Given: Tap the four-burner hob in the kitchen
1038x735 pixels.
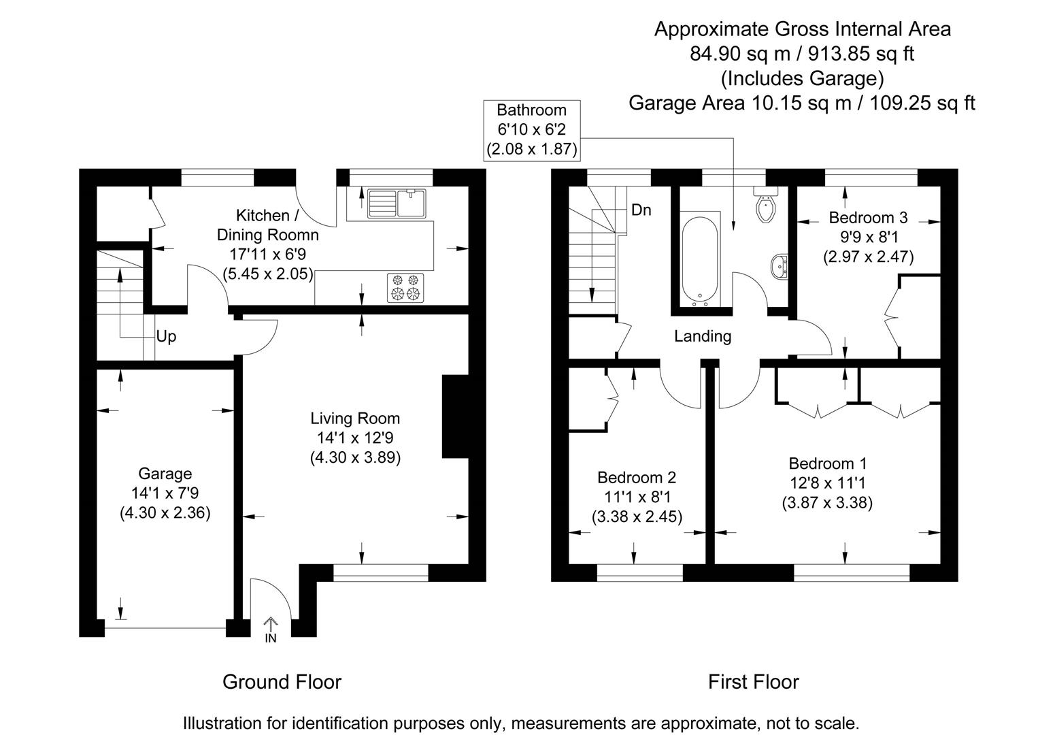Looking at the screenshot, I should [405, 287].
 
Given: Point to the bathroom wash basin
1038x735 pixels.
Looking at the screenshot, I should [780, 265].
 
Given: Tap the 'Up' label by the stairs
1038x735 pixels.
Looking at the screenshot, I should [166, 337].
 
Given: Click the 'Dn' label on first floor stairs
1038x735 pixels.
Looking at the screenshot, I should [641, 210].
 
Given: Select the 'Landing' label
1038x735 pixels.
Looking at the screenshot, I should [703, 336].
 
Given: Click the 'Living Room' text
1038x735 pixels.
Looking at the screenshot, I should [355, 418].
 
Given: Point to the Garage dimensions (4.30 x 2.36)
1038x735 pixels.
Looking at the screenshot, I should [165, 512].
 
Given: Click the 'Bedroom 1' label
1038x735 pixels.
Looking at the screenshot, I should [827, 463].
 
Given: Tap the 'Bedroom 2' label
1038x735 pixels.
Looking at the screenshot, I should [637, 477].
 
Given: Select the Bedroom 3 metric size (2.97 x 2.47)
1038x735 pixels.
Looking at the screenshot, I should [868, 257].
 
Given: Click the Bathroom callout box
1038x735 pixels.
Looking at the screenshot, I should [531, 129].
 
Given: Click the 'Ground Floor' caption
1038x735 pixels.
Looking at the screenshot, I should [282, 681].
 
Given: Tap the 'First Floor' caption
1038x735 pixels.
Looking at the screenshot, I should [753, 681].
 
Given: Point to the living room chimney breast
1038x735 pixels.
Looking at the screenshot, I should [456, 416].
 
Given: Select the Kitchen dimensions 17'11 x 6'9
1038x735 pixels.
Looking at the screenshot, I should [267, 255].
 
